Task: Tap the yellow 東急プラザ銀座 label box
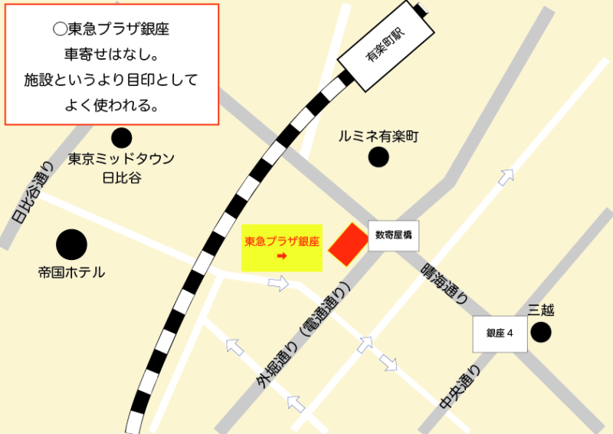282,248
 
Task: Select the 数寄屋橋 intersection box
394,235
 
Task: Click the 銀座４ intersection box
500,334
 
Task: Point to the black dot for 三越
541,332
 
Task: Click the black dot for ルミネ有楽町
378,157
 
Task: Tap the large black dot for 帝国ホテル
71,245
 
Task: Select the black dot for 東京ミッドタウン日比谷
121,138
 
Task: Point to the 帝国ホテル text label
71,272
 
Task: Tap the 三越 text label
541,311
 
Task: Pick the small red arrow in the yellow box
281,256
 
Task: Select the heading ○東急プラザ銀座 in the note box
112,30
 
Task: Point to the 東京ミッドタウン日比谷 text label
122,168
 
